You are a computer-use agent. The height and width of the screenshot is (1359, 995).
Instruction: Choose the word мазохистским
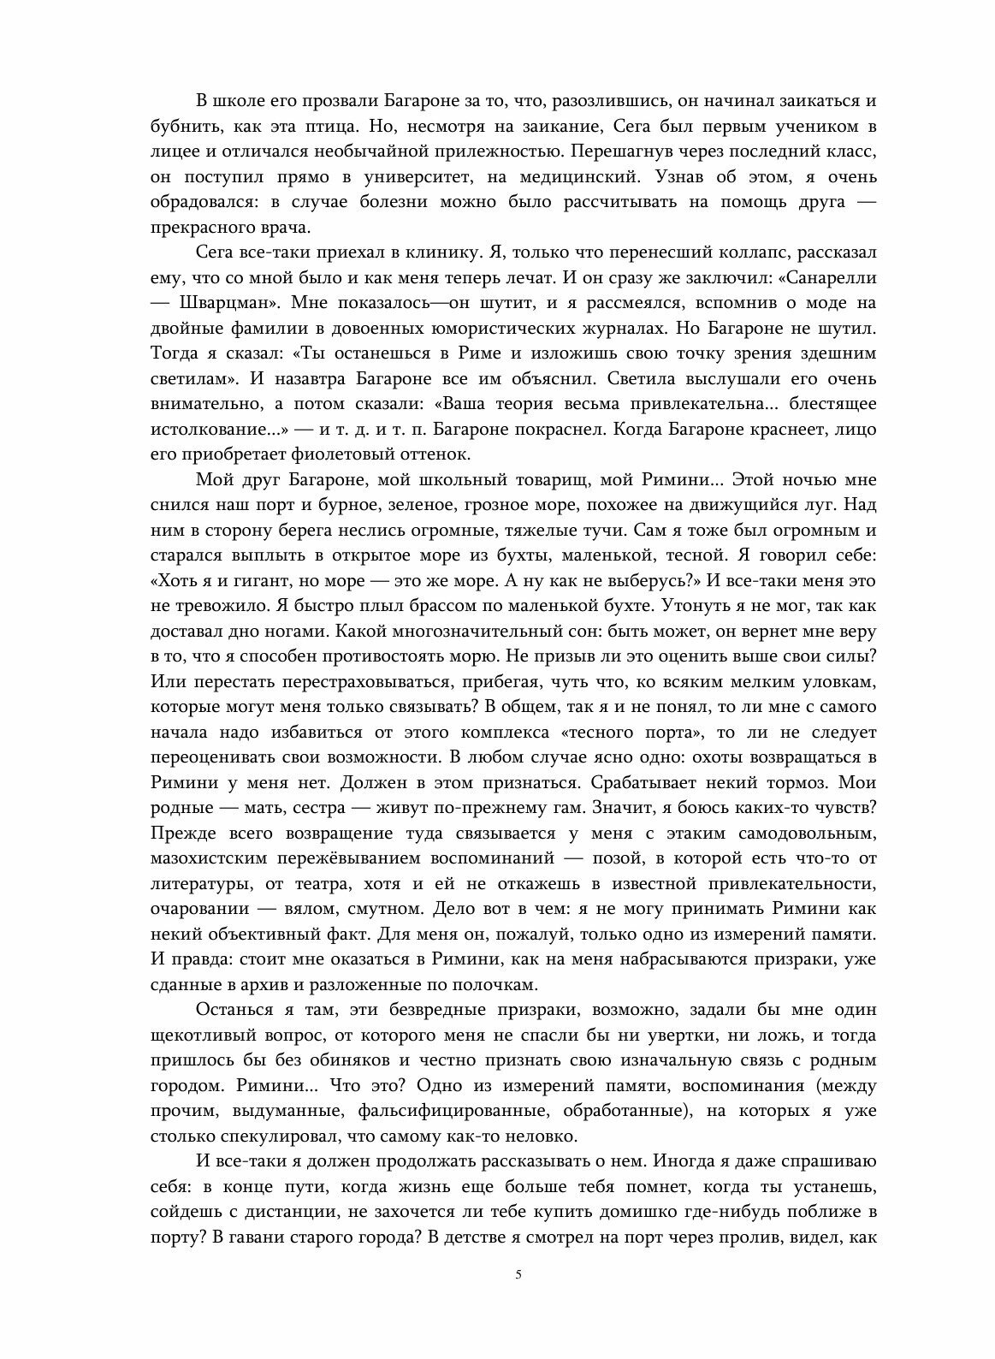tap(216, 858)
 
